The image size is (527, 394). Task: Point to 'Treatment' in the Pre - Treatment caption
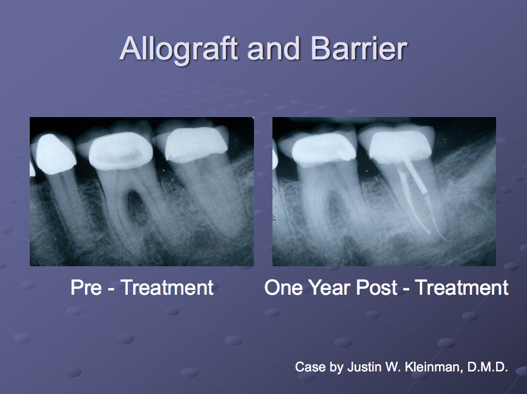click(167, 288)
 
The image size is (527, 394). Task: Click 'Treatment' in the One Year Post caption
click(462, 288)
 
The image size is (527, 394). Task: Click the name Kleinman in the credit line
click(431, 367)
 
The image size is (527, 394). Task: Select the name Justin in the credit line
click(363, 367)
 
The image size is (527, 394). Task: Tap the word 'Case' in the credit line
click(310, 367)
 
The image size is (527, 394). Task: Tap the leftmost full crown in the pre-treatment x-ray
click(54, 152)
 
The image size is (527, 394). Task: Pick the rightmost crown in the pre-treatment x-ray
click(196, 143)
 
